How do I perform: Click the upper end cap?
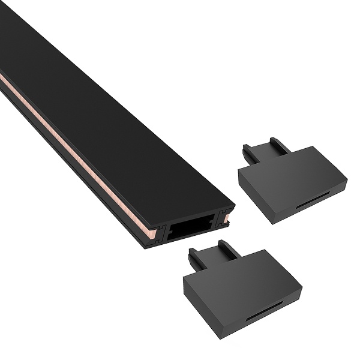[x=294, y=180]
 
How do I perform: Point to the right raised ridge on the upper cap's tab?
[x=277, y=145]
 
